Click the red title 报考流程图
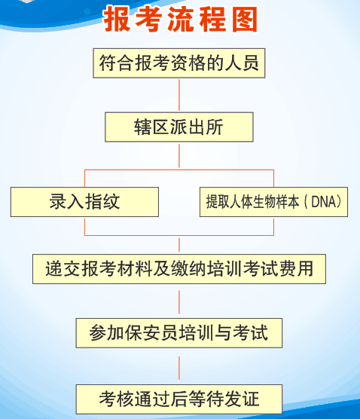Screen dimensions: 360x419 tap(181, 20)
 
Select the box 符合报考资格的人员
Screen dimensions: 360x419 tap(179, 63)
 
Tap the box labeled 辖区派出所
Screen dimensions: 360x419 tap(179, 127)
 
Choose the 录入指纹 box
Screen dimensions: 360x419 tap(84, 202)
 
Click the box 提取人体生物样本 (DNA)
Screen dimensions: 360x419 tap(273, 202)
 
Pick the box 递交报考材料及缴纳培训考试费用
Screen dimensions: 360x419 tap(179, 269)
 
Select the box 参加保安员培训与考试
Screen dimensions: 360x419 tap(179, 333)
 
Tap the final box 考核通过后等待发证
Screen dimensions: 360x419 tap(179, 399)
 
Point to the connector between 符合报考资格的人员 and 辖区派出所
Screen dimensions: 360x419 tap(179, 95)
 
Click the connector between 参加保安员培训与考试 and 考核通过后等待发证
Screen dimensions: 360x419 tap(179, 368)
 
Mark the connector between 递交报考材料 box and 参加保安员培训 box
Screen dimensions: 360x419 tap(179, 302)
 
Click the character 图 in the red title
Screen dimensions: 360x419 tap(245, 20)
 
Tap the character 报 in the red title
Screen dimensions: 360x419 tap(117, 20)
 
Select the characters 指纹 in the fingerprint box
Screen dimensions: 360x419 tap(102, 201)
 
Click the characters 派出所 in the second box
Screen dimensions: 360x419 tap(197, 127)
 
